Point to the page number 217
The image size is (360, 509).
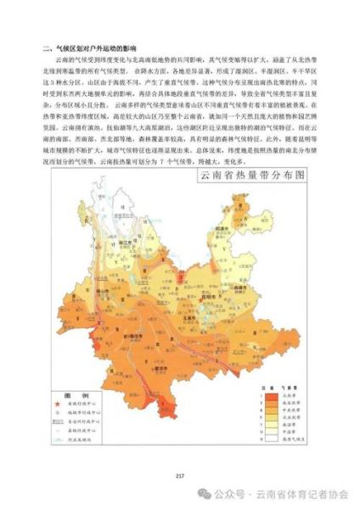point(179,474)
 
